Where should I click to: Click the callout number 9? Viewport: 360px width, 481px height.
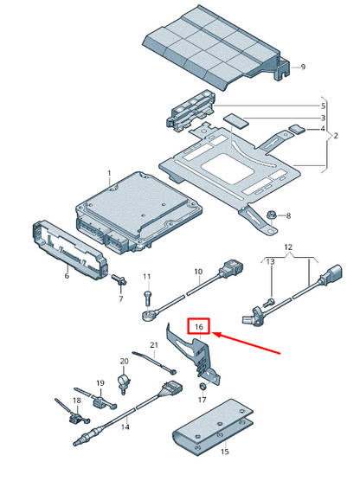[302, 67]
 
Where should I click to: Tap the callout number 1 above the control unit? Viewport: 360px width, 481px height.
[109, 174]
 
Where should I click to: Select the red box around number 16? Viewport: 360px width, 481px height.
[199, 327]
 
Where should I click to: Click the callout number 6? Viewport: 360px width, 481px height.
[67, 276]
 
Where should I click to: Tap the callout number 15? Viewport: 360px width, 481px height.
[224, 452]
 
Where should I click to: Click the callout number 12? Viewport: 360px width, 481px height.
[289, 248]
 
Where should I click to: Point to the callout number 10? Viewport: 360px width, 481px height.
[198, 273]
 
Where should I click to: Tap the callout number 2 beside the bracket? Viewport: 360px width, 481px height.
[337, 136]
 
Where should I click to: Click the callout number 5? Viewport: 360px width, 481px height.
[324, 106]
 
